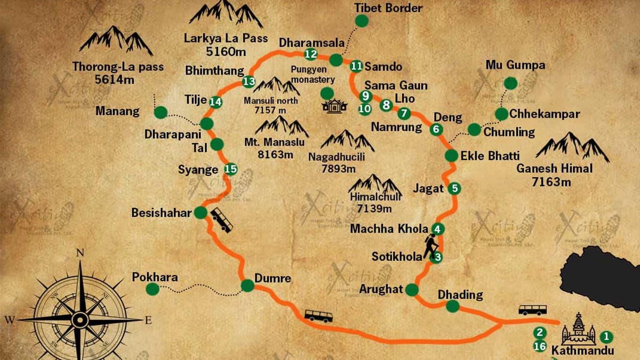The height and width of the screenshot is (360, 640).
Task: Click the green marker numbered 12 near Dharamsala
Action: pyautogui.click(x=310, y=54)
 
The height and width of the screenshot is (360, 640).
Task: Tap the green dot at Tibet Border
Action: pyautogui.click(x=362, y=21)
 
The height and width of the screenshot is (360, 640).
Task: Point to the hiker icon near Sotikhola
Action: pyautogui.click(x=430, y=247)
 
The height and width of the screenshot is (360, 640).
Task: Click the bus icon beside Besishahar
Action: pyautogui.click(x=221, y=220)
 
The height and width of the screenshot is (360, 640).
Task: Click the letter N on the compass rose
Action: pyautogui.click(x=81, y=253)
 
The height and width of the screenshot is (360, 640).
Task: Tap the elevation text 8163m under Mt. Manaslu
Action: pyautogui.click(x=275, y=155)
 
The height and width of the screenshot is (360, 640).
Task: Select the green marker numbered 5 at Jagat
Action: pyautogui.click(x=454, y=188)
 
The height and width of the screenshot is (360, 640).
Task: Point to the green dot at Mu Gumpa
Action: pyautogui.click(x=510, y=83)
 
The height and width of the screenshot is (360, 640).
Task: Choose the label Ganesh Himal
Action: pyautogui.click(x=554, y=169)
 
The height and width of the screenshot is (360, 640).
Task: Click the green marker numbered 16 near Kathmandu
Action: pyautogui.click(x=539, y=346)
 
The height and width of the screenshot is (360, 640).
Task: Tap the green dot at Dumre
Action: pyautogui.click(x=247, y=286)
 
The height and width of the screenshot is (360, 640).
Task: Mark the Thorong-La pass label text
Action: pyautogui.click(x=118, y=68)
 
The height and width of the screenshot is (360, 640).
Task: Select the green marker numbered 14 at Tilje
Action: pyautogui.click(x=215, y=101)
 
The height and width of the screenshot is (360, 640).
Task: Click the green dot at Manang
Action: pyautogui.click(x=161, y=112)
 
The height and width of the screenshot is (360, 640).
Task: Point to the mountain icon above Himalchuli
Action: pyautogui.click(x=375, y=184)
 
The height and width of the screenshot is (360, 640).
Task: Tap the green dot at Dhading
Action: pyautogui.click(x=452, y=306)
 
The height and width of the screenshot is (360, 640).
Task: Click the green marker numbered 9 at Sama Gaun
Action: pyautogui.click(x=365, y=96)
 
